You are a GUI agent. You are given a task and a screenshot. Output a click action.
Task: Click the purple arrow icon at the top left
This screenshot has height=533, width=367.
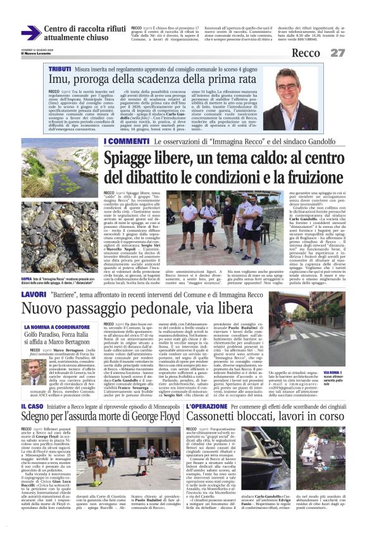(30, 33)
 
